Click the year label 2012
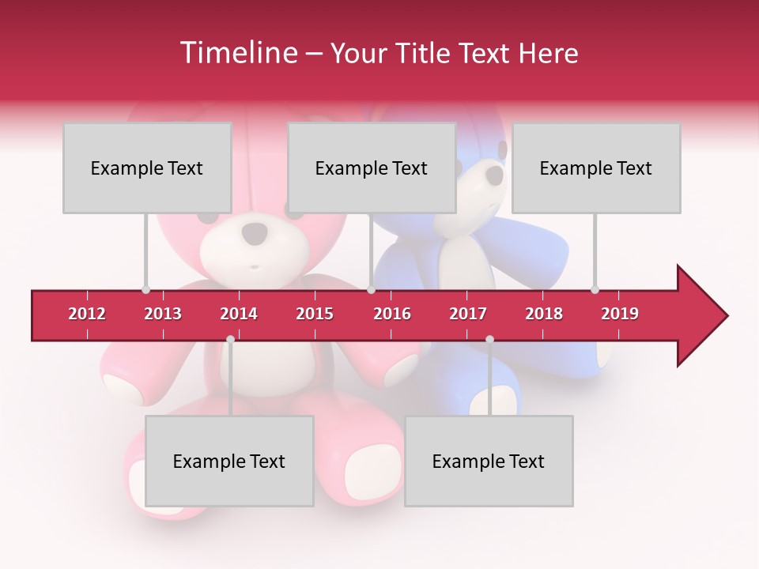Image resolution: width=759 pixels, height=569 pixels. click(x=87, y=314)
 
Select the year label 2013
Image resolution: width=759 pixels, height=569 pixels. click(x=163, y=314)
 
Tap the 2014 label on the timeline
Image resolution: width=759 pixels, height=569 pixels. click(x=239, y=314)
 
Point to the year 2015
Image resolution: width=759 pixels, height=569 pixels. click(x=315, y=314)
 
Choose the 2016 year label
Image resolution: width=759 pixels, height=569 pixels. click(x=392, y=314)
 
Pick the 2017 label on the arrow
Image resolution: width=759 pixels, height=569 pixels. click(x=468, y=314)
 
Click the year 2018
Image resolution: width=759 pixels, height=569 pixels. click(x=544, y=314)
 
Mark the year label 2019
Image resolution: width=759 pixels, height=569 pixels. click(x=620, y=314)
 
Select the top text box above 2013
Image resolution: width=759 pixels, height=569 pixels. click(x=147, y=168)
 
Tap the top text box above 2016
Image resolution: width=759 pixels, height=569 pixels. click(x=372, y=168)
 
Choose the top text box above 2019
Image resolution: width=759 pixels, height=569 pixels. click(x=596, y=168)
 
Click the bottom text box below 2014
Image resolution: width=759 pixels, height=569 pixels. click(x=229, y=461)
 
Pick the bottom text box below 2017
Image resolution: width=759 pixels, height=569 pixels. click(x=489, y=461)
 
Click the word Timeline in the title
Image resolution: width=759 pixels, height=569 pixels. click(x=237, y=53)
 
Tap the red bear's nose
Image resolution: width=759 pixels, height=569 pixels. click(x=255, y=232)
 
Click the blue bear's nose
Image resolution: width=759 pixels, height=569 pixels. click(x=494, y=174)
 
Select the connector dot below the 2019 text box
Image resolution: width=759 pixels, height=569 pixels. click(x=595, y=289)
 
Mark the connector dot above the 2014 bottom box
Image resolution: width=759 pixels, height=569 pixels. click(x=230, y=339)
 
